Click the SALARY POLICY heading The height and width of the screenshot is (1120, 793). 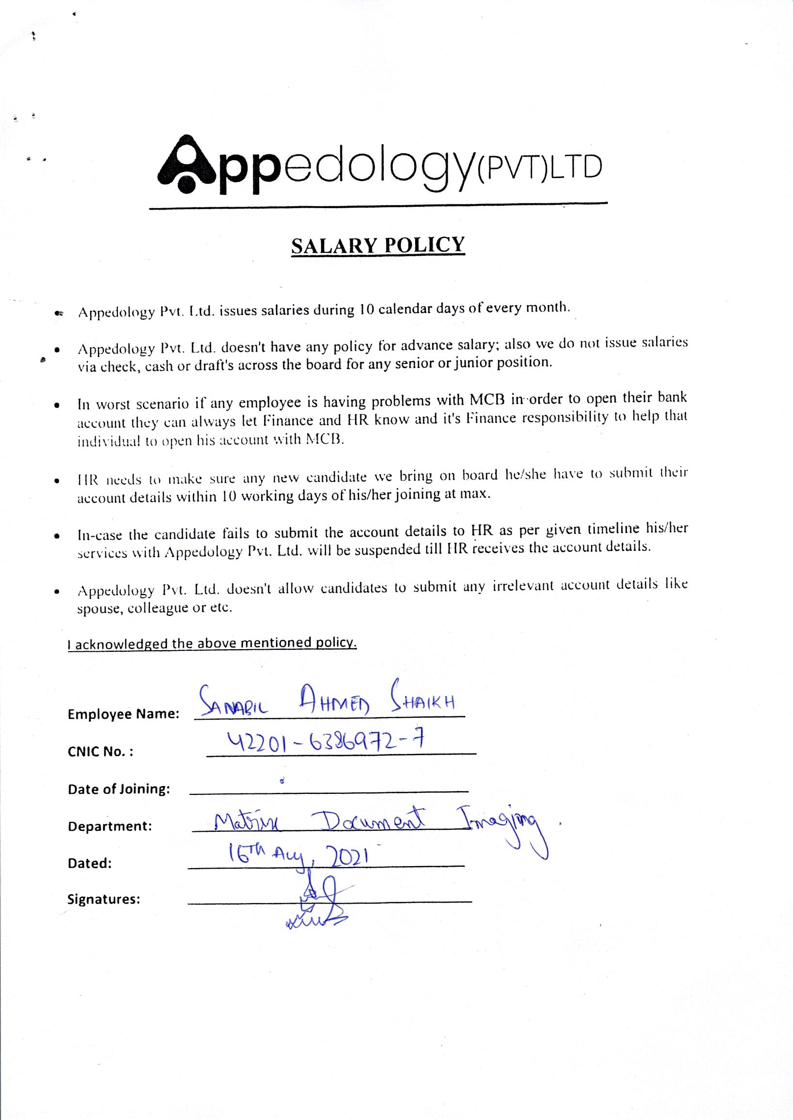(x=377, y=245)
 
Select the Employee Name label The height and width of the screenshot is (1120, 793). (x=124, y=714)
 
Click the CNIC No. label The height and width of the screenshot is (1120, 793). (x=100, y=751)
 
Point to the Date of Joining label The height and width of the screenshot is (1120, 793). (x=119, y=789)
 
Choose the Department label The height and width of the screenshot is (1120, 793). (x=110, y=826)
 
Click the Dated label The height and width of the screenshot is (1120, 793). (x=90, y=864)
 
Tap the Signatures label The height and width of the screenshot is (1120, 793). (x=104, y=899)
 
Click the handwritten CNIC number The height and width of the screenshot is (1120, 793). (x=322, y=742)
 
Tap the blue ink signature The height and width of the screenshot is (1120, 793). (x=318, y=903)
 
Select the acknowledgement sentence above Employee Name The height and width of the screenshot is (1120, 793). (x=212, y=643)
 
